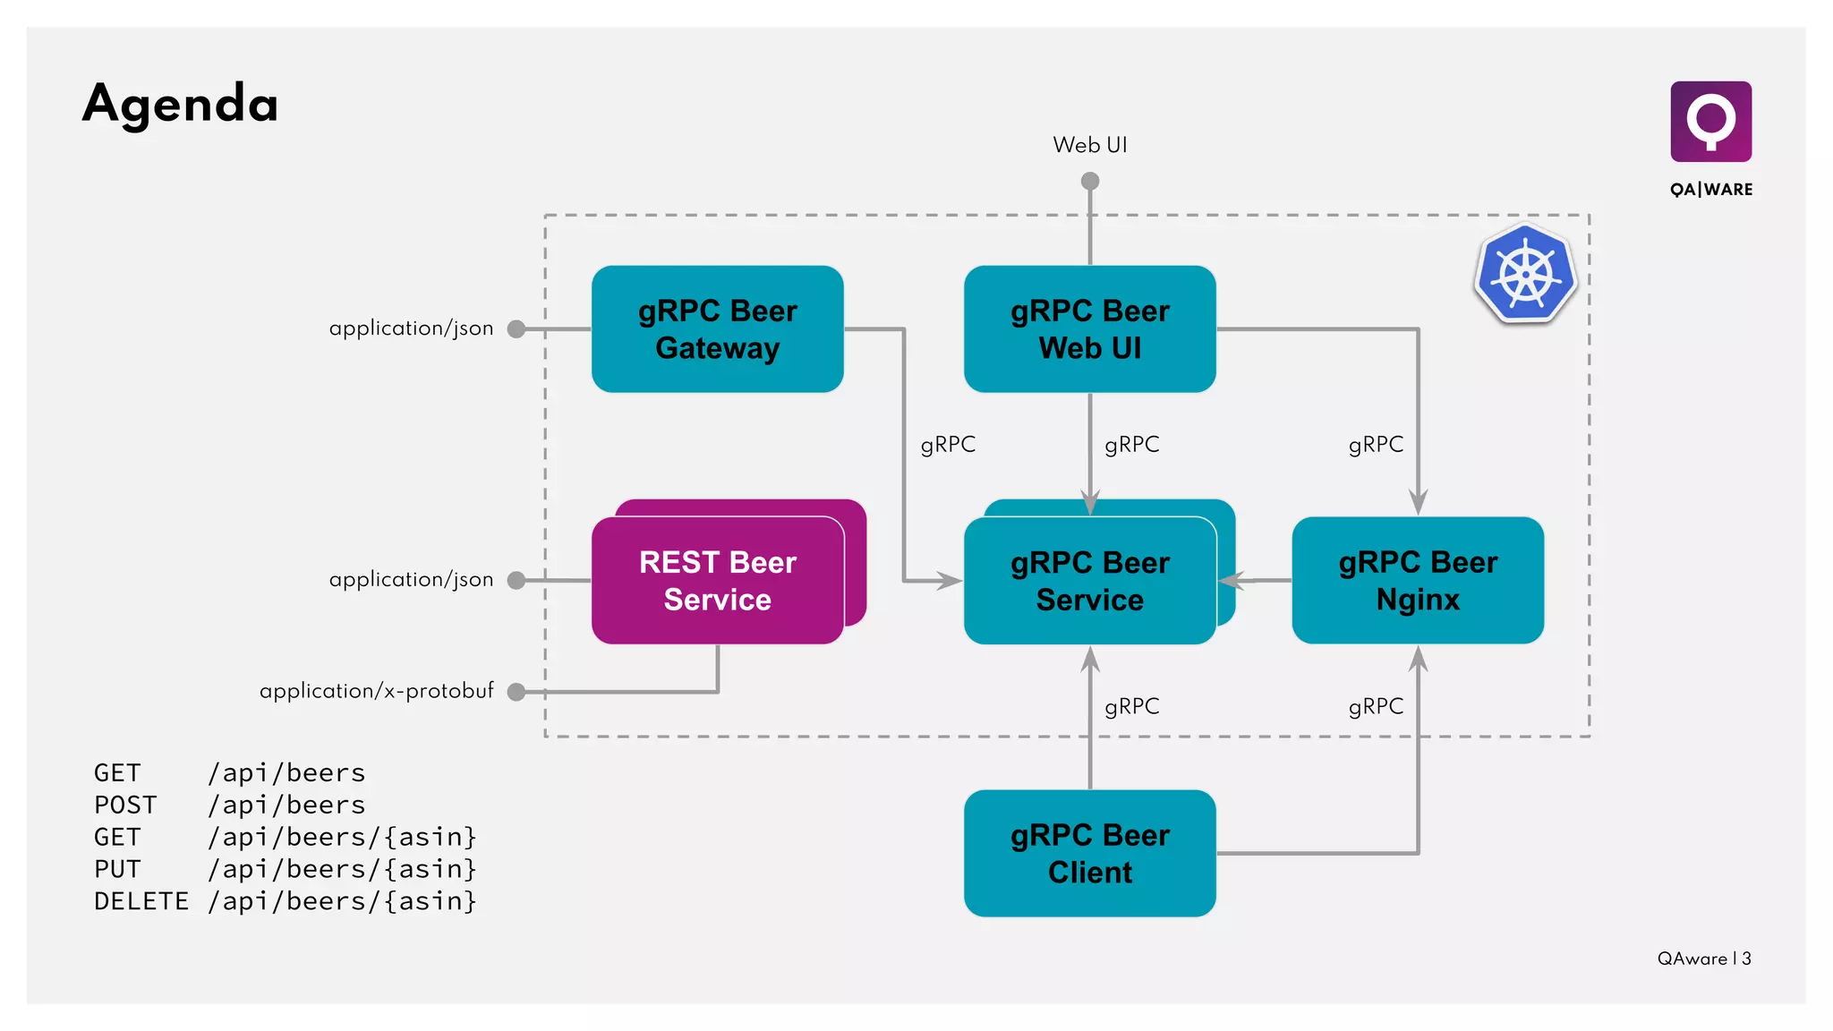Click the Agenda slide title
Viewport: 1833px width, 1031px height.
[x=180, y=104]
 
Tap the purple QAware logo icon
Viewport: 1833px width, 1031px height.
[x=1710, y=121]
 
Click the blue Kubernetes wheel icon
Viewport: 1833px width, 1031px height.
[x=1526, y=275]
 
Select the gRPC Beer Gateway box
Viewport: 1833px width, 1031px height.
[x=717, y=329]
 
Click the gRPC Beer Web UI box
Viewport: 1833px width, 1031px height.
[x=1089, y=329]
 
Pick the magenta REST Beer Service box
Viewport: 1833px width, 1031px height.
[x=717, y=581]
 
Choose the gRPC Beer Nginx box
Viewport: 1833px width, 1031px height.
[x=1418, y=581]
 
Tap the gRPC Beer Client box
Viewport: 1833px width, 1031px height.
[x=1089, y=854]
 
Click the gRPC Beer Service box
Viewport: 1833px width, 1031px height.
[x=1089, y=581]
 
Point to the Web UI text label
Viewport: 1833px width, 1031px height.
[x=1089, y=145]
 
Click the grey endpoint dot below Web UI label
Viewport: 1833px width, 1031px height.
[x=1089, y=182]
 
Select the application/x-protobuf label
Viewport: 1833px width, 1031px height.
[x=376, y=691]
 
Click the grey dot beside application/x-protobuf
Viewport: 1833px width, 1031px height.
[x=516, y=692]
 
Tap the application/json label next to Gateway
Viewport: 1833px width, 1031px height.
[x=411, y=328]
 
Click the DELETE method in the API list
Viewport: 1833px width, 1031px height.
[x=141, y=901]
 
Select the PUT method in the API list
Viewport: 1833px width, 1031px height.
[x=117, y=869]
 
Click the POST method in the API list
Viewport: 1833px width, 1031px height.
[x=125, y=805]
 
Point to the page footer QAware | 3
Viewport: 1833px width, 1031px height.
[x=1703, y=959]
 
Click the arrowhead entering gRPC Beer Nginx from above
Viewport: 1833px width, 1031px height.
[x=1418, y=503]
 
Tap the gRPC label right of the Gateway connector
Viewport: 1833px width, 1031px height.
[x=948, y=445]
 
